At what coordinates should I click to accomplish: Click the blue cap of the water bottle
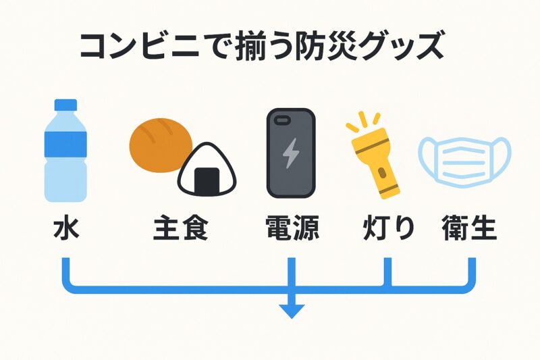pos(65,105)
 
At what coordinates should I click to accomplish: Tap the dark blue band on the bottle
pos(65,145)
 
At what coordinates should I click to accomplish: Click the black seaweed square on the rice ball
pos(207,180)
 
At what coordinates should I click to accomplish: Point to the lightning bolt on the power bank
pos(291,153)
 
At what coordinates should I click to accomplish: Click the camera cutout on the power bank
pos(282,120)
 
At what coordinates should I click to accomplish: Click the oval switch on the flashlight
pos(381,173)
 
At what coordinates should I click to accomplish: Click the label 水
pos(66,228)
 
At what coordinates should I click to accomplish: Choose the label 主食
pos(181,228)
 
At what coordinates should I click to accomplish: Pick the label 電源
pos(292,228)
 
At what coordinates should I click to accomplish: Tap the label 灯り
pos(389,228)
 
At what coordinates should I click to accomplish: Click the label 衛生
pos(469,228)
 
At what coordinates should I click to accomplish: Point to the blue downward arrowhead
pos(292,311)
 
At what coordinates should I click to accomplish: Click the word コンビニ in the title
pos(140,46)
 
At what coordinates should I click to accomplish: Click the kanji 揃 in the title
pos(250,46)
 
